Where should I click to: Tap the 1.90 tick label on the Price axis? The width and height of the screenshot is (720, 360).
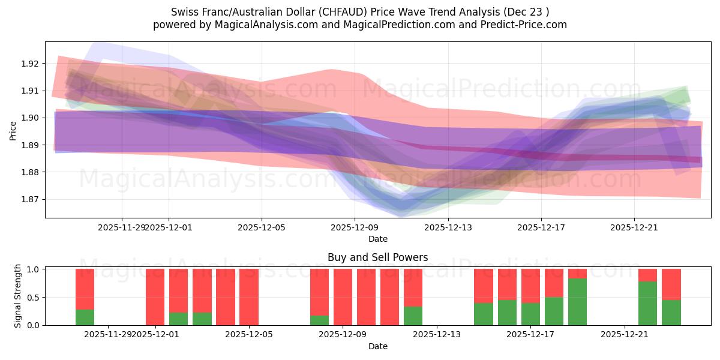click(x=30, y=118)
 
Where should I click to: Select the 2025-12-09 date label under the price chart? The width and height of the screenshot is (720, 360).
click(x=355, y=227)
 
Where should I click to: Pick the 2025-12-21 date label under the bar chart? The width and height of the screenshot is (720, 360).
click(x=625, y=334)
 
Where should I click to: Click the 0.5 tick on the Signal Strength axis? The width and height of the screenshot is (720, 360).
click(x=34, y=298)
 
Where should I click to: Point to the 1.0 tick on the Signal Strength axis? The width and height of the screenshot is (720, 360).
click(x=34, y=269)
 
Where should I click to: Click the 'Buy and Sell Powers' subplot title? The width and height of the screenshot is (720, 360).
click(x=377, y=257)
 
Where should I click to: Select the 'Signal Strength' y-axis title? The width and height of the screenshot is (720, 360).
click(x=18, y=296)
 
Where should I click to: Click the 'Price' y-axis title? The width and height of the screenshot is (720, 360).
click(x=13, y=130)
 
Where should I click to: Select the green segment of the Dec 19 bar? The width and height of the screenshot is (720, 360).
click(x=577, y=302)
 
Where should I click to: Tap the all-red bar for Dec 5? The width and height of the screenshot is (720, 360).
click(x=249, y=297)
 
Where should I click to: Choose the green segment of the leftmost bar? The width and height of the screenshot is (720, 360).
click(x=85, y=317)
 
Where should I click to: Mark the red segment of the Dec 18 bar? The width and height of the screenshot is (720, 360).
click(x=554, y=283)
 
